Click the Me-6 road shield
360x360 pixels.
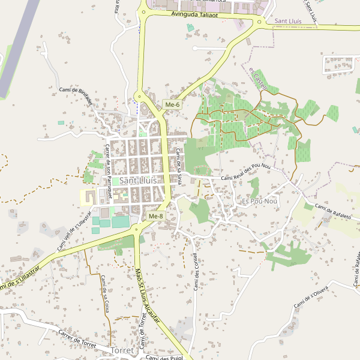[172, 105]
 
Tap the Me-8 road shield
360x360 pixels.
[155, 216]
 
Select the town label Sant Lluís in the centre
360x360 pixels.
[138, 180]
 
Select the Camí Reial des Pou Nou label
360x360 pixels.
[250, 175]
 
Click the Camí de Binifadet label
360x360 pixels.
[76, 95]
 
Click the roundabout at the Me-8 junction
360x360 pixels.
[138, 229]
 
